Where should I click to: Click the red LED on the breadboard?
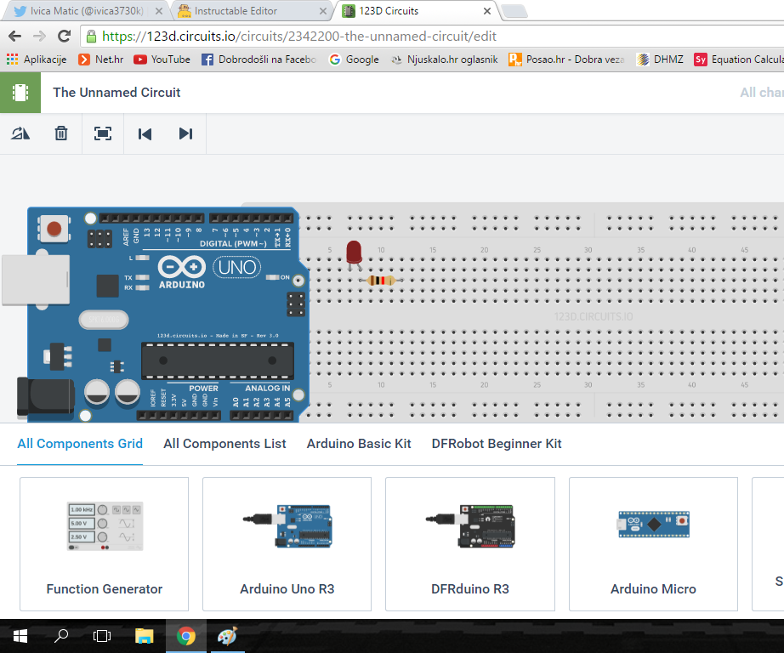tap(355, 252)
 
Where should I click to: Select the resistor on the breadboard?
tap(380, 281)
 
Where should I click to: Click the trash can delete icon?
tap(61, 133)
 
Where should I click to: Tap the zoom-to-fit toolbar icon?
tap(103, 133)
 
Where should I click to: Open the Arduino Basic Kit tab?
tap(359, 444)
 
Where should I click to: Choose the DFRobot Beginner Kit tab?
tap(497, 444)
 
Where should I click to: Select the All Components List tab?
tap(224, 444)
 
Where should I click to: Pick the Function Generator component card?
tap(105, 544)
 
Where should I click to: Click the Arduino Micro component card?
tap(653, 544)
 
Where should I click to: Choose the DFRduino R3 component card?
tap(470, 544)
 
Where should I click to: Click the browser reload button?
tap(64, 37)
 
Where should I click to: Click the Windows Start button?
tap(20, 636)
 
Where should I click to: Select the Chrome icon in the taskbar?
tap(186, 636)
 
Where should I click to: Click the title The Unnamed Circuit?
tap(116, 93)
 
